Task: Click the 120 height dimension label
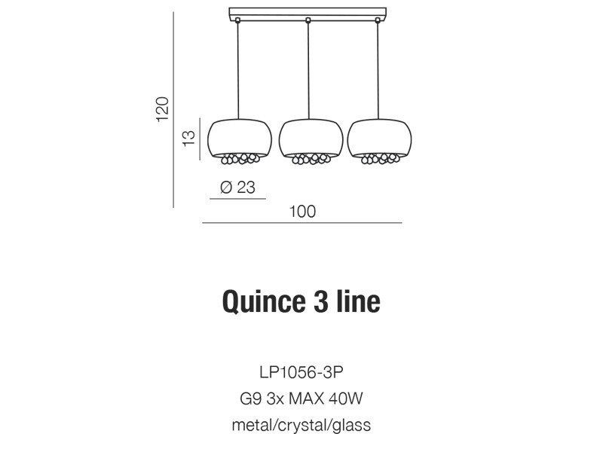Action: click(x=163, y=109)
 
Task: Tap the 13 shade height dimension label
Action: click(x=189, y=139)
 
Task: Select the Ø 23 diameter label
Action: click(x=237, y=187)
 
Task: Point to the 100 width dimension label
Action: click(x=302, y=212)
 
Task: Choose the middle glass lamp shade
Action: click(x=311, y=139)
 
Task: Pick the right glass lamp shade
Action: click(x=379, y=139)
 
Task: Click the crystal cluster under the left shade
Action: click(x=240, y=158)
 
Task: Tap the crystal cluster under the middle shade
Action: click(x=311, y=159)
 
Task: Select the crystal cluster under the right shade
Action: click(x=379, y=158)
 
